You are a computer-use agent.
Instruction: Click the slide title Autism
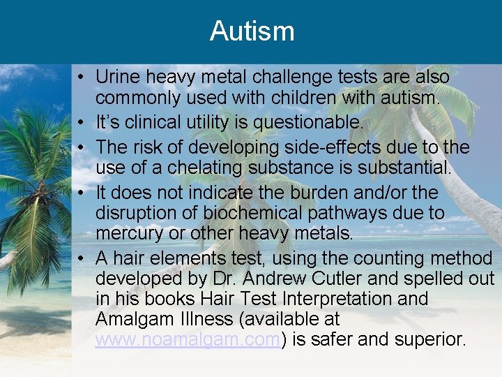click(x=252, y=31)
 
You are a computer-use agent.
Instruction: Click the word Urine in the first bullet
click(x=116, y=76)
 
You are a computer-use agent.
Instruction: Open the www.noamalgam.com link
click(x=188, y=340)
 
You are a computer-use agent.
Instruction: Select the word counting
click(x=386, y=258)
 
